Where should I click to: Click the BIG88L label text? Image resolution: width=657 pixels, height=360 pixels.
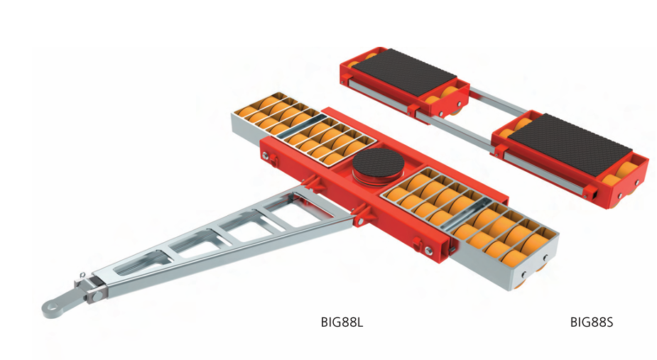point(342,322)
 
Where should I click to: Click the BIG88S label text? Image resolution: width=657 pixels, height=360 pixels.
point(591,322)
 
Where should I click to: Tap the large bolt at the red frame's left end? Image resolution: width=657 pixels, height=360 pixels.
point(265,157)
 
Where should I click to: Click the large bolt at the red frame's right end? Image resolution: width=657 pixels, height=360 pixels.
point(428,251)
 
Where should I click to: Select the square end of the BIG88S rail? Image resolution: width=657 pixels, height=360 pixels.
point(593,195)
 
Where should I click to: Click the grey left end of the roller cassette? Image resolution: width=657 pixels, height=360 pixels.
point(246,131)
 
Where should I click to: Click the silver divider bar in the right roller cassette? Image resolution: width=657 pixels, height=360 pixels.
point(467,215)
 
